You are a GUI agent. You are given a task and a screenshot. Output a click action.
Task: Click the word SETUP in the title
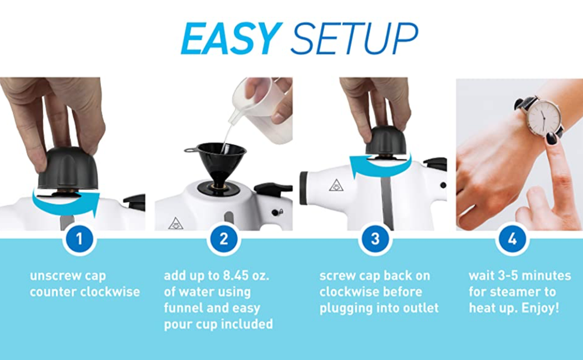(354, 40)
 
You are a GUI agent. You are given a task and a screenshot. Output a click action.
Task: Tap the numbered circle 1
(80, 238)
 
